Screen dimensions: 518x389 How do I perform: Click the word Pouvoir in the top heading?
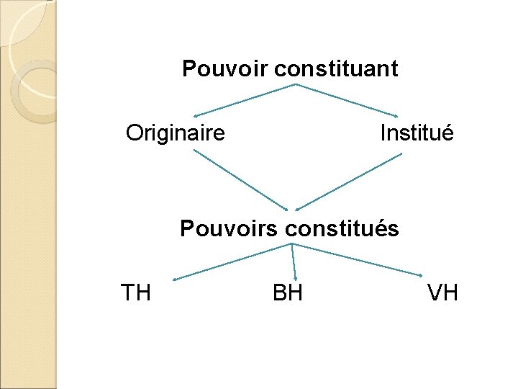(225, 69)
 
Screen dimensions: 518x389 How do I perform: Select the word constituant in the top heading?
(335, 69)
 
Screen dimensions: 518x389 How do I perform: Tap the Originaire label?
(176, 133)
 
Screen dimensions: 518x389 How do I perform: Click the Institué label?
(417, 133)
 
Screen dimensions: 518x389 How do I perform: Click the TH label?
(135, 293)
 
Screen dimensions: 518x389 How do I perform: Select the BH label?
(288, 293)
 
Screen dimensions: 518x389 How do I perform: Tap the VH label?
(442, 293)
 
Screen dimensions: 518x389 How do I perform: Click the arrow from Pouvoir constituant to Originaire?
(245, 100)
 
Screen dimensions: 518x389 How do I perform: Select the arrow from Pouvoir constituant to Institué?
(347, 100)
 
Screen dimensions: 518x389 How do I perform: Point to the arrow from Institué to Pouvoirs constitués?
(348, 180)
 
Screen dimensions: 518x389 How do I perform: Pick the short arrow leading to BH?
(294, 261)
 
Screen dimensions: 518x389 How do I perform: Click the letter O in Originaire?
(134, 133)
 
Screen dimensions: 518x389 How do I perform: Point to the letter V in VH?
(435, 293)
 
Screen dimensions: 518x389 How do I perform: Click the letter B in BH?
(280, 293)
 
